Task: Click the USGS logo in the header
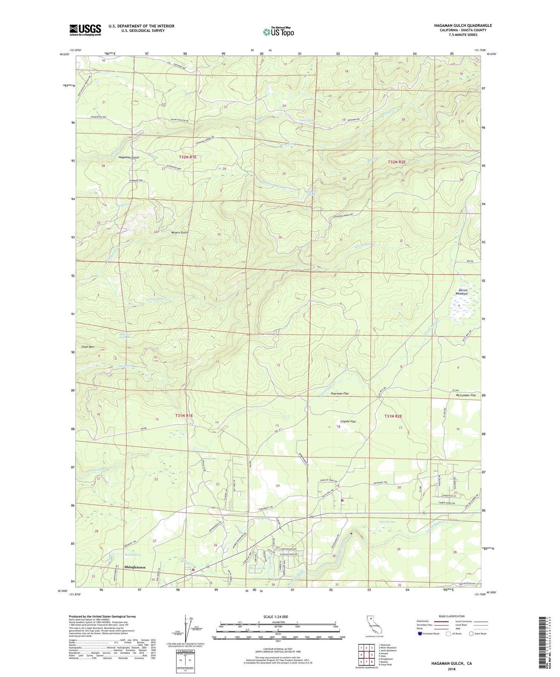(x=85, y=30)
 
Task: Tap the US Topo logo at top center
(x=278, y=32)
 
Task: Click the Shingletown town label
(x=134, y=567)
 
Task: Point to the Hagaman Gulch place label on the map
(x=128, y=158)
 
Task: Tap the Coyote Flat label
(x=348, y=422)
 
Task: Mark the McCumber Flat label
(x=466, y=395)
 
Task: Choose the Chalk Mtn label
(x=85, y=347)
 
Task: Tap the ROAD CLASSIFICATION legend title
(x=451, y=616)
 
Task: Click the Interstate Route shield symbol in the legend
(x=420, y=634)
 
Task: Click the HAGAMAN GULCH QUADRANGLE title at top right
(x=457, y=25)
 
